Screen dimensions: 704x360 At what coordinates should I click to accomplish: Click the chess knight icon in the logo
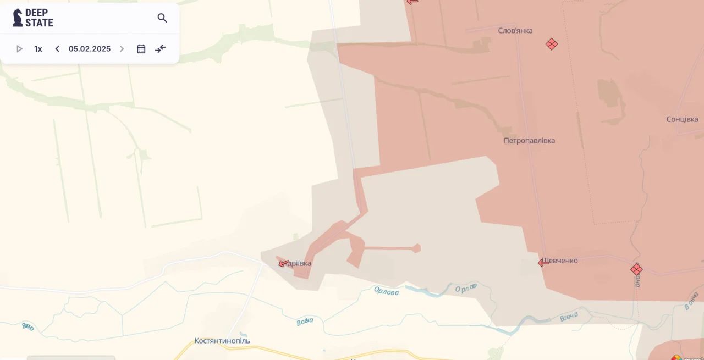click(18, 18)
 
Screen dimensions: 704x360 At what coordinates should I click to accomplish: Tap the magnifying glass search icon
click(162, 18)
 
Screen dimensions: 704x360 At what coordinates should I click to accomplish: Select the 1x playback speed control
click(38, 49)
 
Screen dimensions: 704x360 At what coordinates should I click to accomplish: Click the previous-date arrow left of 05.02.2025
click(57, 49)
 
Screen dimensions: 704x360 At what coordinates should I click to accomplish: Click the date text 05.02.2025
click(90, 49)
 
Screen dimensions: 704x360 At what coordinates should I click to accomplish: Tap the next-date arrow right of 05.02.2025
click(122, 49)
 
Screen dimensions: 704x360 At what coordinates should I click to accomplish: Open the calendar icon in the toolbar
click(141, 49)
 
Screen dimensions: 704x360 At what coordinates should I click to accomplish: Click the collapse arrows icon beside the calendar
click(161, 49)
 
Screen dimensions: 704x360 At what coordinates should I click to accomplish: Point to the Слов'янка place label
click(515, 31)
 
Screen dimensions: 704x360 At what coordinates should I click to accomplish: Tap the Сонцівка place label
click(682, 119)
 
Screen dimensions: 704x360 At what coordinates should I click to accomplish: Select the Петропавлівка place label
click(529, 141)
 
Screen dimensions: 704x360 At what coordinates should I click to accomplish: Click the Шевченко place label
click(561, 261)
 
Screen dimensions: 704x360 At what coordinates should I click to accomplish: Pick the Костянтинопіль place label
click(222, 341)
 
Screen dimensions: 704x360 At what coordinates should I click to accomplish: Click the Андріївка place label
click(299, 264)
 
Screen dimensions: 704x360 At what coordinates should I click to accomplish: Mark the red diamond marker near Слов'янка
click(552, 44)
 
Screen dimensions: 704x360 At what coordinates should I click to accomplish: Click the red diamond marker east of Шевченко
click(636, 269)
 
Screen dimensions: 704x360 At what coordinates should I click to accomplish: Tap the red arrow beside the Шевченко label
click(543, 263)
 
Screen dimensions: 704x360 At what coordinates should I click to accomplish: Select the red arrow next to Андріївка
click(284, 263)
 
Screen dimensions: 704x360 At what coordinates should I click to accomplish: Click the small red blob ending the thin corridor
click(416, 248)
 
